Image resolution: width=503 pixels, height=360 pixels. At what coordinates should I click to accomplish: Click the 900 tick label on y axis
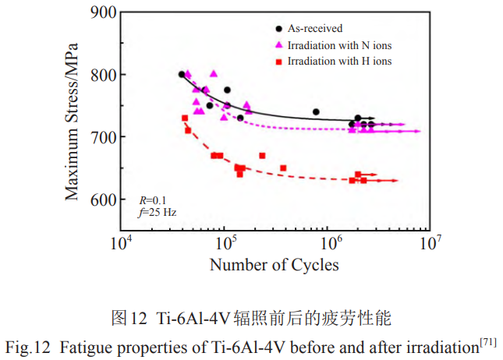click(x=101, y=13)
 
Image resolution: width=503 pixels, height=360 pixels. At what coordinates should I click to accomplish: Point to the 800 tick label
click(x=101, y=75)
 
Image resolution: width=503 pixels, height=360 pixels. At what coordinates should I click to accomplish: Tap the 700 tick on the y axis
click(x=101, y=137)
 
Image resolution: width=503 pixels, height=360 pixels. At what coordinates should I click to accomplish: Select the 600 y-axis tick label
click(x=101, y=199)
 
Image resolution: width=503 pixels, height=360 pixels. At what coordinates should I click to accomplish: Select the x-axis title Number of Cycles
click(x=274, y=265)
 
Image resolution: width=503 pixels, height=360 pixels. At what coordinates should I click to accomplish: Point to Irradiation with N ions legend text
click(x=338, y=44)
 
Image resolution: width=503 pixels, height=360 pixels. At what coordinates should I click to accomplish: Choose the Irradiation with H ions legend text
click(x=339, y=60)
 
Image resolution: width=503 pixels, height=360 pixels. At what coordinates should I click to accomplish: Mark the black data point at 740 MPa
click(x=316, y=112)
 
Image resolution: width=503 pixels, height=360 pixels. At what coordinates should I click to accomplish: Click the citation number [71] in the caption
click(x=488, y=341)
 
